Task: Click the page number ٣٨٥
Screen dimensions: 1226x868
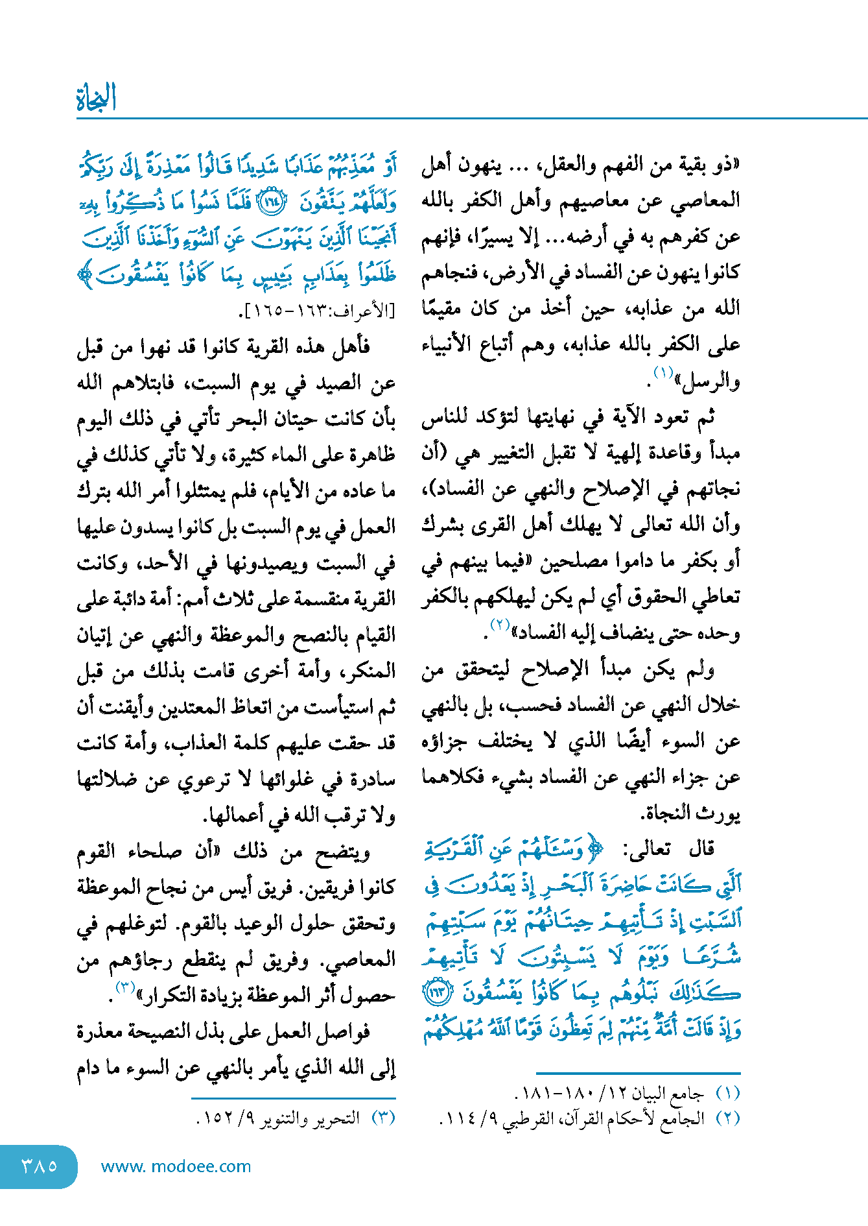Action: click(40, 1166)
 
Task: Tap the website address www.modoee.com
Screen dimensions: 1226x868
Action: click(176, 1166)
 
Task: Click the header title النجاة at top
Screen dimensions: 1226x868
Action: click(96, 99)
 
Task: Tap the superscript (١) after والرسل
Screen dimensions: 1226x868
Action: click(663, 372)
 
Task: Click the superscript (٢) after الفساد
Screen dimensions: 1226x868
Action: click(500, 625)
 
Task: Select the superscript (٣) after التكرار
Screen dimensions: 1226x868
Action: click(124, 987)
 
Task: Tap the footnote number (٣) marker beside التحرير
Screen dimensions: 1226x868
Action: click(382, 1119)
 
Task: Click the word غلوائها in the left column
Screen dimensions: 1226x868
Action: click(290, 779)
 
